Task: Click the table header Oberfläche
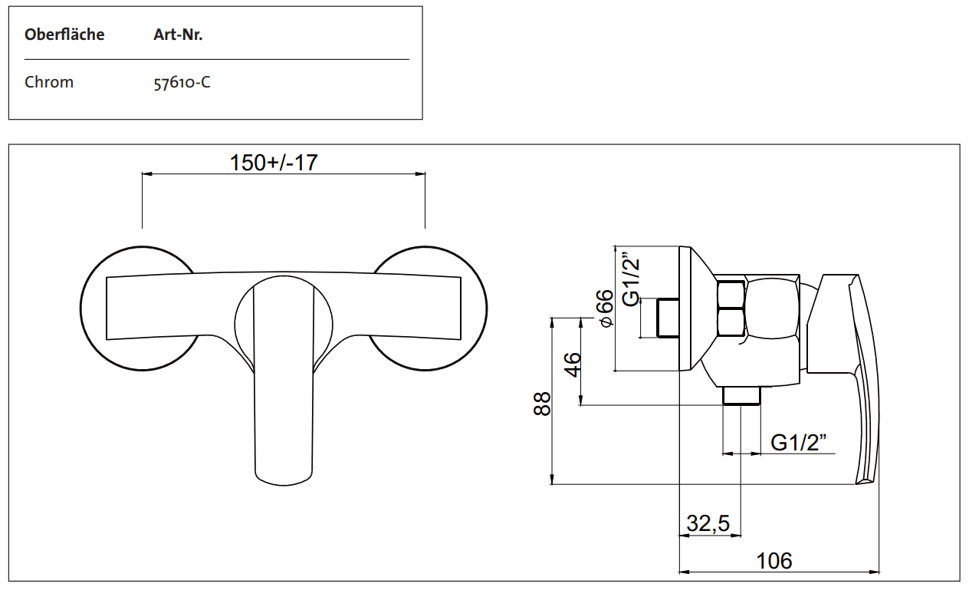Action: (x=64, y=35)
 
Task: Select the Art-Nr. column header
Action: (x=178, y=35)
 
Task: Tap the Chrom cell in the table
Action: (x=49, y=82)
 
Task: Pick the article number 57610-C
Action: (x=182, y=82)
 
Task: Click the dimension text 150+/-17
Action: (x=274, y=163)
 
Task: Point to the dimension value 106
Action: (x=774, y=561)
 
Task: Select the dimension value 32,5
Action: (x=708, y=524)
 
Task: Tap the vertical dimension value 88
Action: (x=543, y=404)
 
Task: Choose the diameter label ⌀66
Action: (x=605, y=308)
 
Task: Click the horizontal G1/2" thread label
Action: (x=799, y=443)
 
